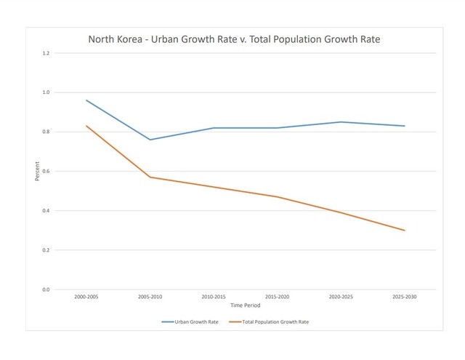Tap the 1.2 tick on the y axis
(x=45, y=53)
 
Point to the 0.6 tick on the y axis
(x=45, y=172)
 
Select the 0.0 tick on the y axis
(x=45, y=289)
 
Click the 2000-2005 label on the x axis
(x=86, y=297)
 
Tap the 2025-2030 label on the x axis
(x=403, y=297)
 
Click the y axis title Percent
(x=37, y=172)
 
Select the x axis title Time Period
(x=245, y=305)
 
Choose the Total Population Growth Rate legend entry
(x=273, y=321)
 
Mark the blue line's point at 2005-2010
(x=150, y=140)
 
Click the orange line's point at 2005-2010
(x=150, y=177)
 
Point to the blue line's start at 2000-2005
(x=86, y=100)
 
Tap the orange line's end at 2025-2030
(x=403, y=231)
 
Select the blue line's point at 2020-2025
(x=340, y=122)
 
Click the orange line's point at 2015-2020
(x=277, y=196)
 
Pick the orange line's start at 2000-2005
(x=86, y=126)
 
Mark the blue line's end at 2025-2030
(x=403, y=126)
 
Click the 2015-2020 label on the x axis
(x=277, y=297)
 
